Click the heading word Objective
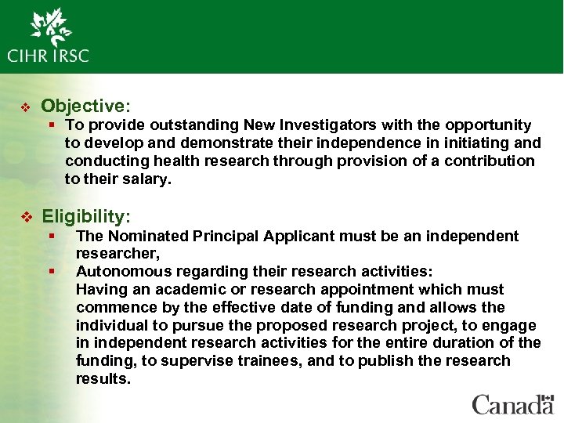point(81,106)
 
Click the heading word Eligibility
point(85,216)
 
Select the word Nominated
point(144,236)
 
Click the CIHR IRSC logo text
point(49,56)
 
